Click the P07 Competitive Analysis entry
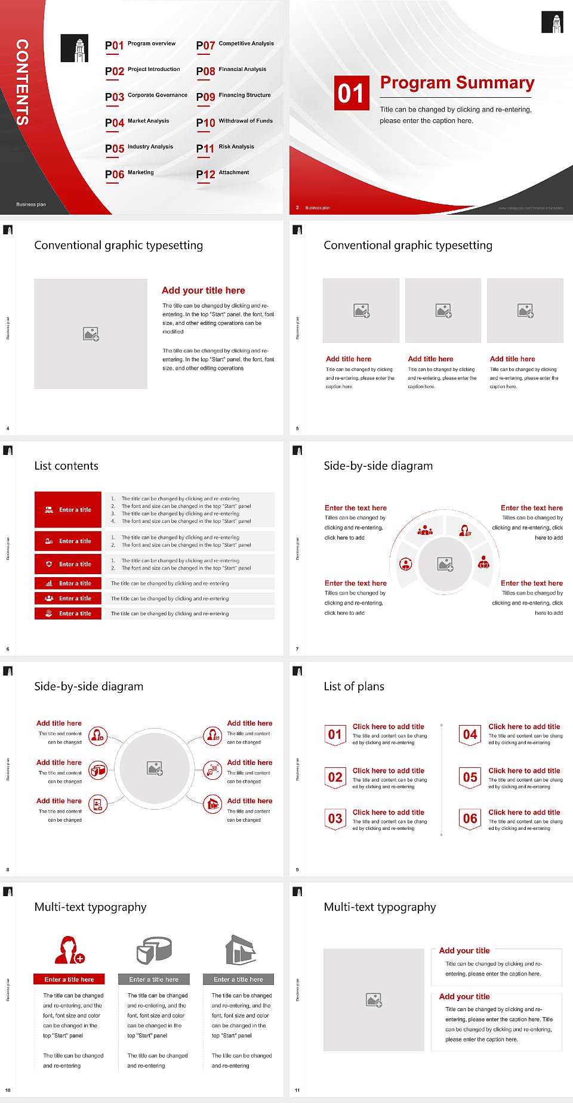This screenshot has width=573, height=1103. tap(235, 45)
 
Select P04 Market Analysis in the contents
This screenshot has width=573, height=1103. tap(137, 122)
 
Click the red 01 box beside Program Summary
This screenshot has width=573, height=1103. tap(352, 93)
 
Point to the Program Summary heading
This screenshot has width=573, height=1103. tap(457, 83)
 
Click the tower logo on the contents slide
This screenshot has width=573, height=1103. tap(75, 48)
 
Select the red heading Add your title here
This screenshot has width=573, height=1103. tap(203, 290)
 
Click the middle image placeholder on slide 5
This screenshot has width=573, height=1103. tap(443, 311)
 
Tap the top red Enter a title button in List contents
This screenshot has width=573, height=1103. tap(68, 510)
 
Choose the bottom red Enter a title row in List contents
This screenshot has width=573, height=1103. tap(68, 613)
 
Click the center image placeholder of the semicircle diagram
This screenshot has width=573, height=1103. tap(445, 563)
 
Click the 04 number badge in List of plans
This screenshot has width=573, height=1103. tap(470, 735)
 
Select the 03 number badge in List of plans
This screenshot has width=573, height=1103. tap(335, 819)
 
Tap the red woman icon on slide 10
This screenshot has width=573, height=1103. tap(69, 950)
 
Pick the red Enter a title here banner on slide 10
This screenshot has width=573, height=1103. tap(69, 979)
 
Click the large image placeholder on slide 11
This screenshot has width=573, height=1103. tap(374, 1000)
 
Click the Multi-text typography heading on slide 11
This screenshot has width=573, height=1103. tap(380, 907)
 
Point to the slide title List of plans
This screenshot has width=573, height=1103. tap(354, 686)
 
